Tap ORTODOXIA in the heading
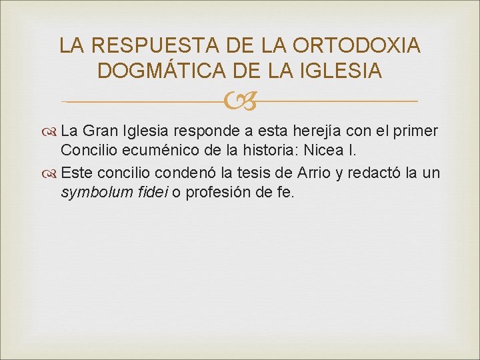(x=357, y=45)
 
